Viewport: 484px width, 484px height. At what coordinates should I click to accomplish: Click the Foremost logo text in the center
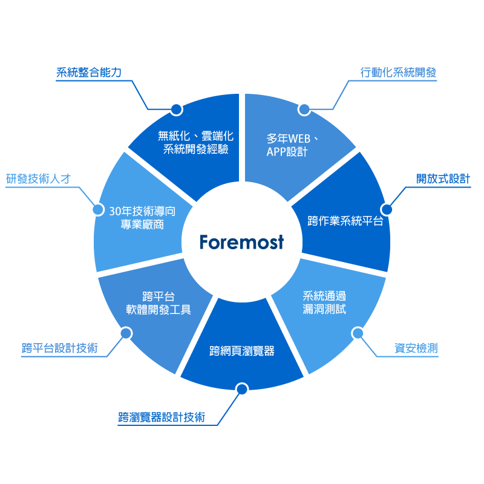click(241, 243)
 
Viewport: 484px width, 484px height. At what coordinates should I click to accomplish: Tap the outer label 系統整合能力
click(89, 73)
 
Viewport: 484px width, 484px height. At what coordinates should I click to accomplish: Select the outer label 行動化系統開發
click(398, 73)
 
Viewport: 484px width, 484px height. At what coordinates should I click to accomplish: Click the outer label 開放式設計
click(443, 179)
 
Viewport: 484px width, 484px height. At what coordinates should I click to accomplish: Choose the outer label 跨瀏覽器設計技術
click(162, 417)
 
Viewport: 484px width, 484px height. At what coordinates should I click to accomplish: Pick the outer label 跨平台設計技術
click(59, 348)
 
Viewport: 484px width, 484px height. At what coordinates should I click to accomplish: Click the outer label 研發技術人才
click(39, 179)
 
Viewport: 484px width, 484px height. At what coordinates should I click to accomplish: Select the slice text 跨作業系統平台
click(345, 221)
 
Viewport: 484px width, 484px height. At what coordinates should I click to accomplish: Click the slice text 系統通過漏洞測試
click(324, 302)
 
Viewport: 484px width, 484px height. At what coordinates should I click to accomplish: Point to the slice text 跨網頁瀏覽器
click(242, 351)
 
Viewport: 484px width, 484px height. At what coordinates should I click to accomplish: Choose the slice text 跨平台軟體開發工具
click(159, 302)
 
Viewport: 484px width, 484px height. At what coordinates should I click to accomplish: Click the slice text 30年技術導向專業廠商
click(142, 218)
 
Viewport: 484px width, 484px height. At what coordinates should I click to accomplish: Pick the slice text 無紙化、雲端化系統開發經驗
click(195, 143)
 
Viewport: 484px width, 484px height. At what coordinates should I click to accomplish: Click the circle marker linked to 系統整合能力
click(176, 109)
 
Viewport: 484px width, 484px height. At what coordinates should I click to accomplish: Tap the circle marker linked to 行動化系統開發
click(304, 109)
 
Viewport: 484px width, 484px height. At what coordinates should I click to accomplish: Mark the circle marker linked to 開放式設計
click(387, 209)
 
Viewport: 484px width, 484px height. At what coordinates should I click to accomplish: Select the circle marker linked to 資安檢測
click(358, 333)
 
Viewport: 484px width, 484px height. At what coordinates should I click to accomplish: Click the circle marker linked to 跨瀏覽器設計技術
click(242, 389)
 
